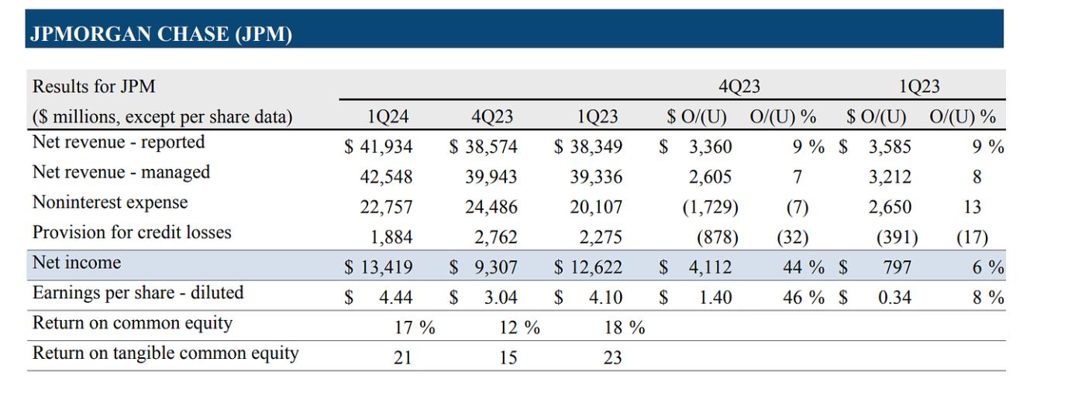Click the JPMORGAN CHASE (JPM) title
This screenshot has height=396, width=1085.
coord(160,34)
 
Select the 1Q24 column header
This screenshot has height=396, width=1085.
coord(387,117)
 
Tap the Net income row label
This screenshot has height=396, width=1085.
coord(77,263)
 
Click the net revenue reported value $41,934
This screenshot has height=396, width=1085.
coord(379,146)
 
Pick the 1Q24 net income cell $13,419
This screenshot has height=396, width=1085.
coord(379,268)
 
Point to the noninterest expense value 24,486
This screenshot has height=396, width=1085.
coord(491,207)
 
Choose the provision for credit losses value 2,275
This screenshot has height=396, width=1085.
coord(596,236)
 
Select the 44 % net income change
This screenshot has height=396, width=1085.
coord(801,268)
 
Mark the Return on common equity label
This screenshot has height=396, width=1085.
coord(133,323)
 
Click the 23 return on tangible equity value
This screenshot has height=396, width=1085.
coord(612,358)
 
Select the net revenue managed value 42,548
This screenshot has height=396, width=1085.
coord(387,177)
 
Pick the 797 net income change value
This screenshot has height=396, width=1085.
coord(896,268)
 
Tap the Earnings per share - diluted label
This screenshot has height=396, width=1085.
coord(138,293)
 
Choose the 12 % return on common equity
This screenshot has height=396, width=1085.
coord(518,327)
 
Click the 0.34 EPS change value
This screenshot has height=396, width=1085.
coord(894,298)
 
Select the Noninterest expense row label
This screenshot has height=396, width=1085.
coord(110,202)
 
